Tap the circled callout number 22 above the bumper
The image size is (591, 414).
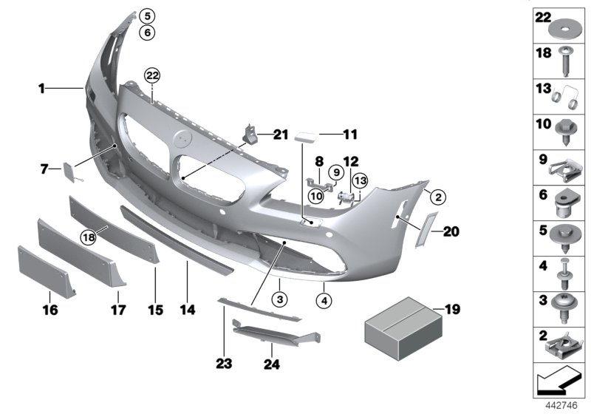(x=152, y=75)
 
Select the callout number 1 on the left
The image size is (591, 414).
(x=43, y=89)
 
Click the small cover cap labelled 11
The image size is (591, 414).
(x=306, y=135)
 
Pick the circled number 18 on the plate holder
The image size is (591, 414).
(x=89, y=237)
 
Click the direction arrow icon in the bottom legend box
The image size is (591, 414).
(x=558, y=384)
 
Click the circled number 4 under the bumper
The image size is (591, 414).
(x=324, y=301)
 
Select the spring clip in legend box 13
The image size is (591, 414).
(x=569, y=96)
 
